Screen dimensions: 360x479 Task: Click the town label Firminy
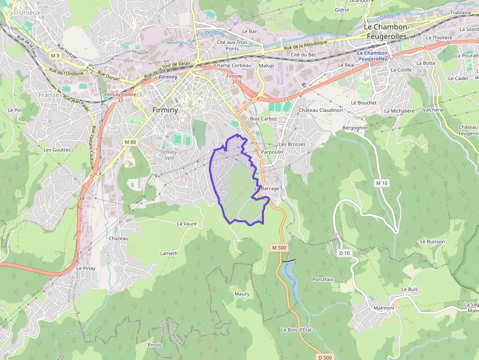click(165, 110)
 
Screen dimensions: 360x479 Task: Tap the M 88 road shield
click(130, 142)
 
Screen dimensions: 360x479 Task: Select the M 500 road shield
click(279, 248)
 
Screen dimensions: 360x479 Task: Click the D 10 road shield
click(345, 253)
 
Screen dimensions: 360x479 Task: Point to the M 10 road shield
click(382, 183)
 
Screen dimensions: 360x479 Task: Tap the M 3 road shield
click(55, 56)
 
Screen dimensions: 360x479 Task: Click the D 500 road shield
click(325, 358)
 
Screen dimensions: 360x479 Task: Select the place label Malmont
click(384, 308)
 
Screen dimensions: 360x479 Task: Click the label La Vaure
click(187, 223)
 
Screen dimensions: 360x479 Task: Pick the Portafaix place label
click(323, 279)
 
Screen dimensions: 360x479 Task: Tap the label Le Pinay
click(86, 268)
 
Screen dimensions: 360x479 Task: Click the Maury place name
click(242, 294)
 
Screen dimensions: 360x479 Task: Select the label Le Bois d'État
click(296, 330)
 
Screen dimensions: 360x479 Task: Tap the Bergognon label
click(355, 127)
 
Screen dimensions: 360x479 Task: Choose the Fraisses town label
click(50, 95)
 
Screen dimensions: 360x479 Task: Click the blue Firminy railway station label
click(168, 77)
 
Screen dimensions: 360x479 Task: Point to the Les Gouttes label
click(57, 150)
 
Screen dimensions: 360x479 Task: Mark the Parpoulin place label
click(272, 152)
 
